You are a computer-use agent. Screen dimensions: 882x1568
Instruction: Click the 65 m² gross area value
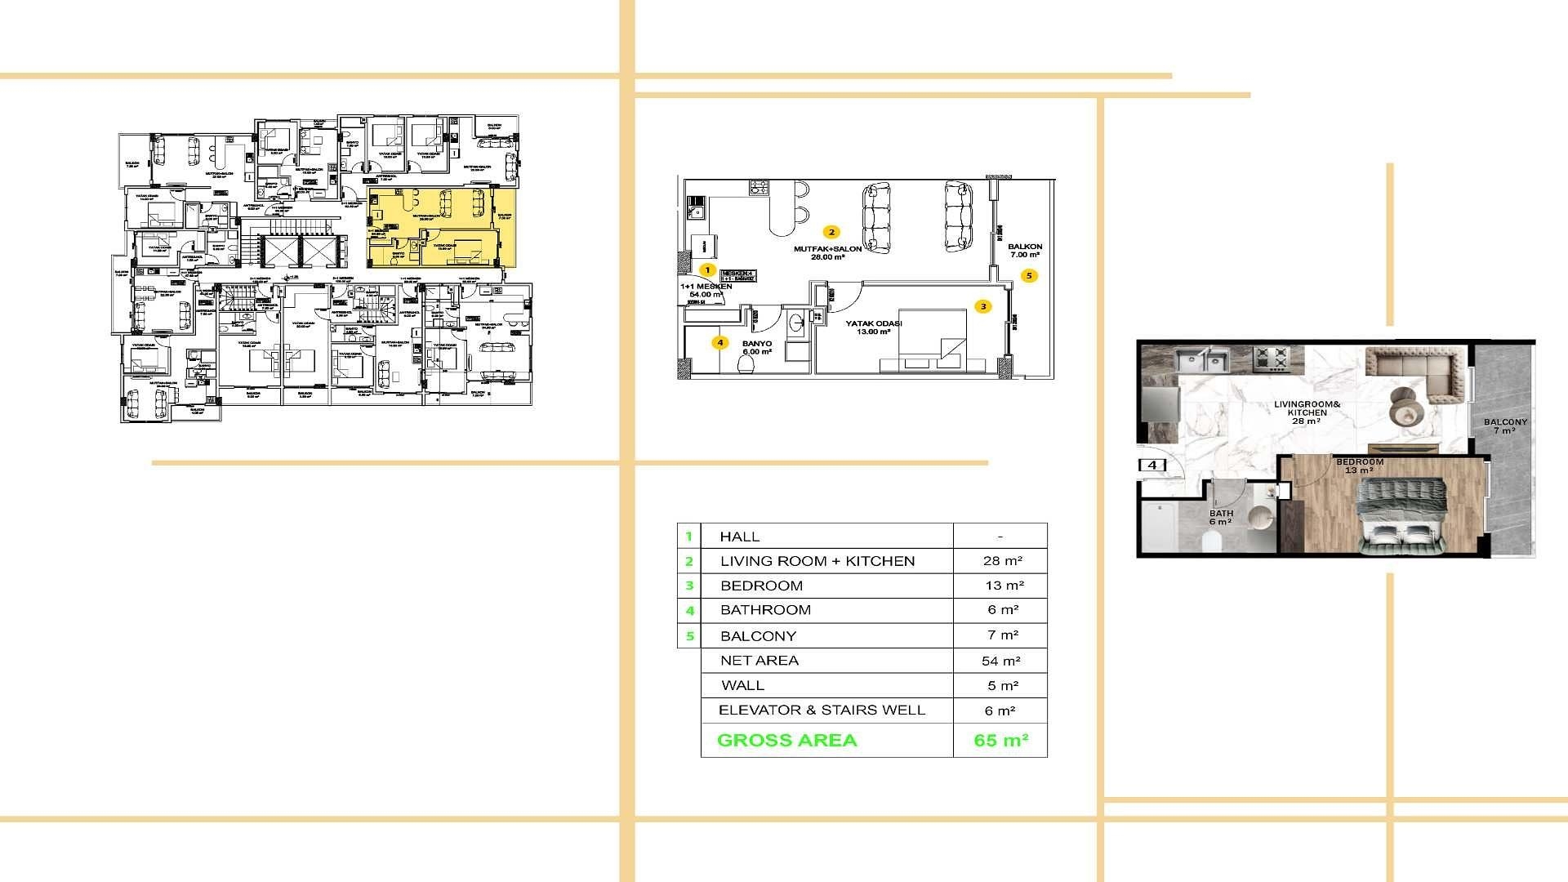coord(1000,741)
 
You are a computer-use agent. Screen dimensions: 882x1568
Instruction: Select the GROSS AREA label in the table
coord(786,741)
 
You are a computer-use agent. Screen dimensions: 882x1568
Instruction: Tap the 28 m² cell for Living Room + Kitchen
coord(1002,561)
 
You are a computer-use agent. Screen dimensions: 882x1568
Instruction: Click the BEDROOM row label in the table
coord(761,586)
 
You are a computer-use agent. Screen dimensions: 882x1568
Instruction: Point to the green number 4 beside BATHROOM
coord(690,611)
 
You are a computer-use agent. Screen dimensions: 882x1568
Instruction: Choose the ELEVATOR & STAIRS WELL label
coord(822,710)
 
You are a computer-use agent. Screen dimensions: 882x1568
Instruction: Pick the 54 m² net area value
coord(1000,661)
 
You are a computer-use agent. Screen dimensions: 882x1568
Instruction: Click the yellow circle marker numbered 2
coord(831,232)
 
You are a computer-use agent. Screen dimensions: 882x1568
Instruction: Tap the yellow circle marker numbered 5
coord(1029,276)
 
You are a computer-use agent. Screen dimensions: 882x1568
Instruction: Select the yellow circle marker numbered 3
coord(983,306)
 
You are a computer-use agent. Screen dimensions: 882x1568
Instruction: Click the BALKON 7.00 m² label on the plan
coord(1024,251)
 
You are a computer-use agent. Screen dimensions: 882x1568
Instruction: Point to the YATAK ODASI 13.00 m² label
coord(873,327)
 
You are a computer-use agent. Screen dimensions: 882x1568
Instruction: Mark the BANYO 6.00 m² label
coord(756,348)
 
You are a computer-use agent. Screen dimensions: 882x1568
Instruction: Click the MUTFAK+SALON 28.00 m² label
coord(827,252)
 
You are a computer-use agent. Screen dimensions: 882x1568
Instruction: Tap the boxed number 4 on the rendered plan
coord(1152,465)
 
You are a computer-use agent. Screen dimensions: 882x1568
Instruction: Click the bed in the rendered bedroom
coord(1401,514)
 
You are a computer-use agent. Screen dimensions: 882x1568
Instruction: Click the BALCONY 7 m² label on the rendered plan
coord(1504,426)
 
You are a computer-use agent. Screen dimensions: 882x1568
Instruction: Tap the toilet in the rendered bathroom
coord(1211,540)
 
